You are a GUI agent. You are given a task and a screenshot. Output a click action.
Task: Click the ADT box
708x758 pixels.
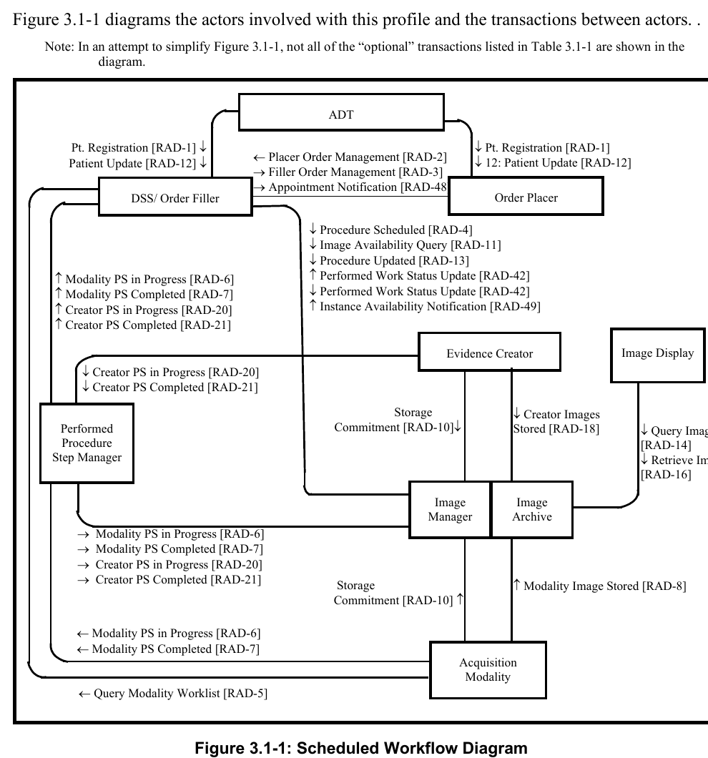(341, 114)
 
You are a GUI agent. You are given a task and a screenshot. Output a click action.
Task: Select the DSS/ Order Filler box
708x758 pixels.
(175, 198)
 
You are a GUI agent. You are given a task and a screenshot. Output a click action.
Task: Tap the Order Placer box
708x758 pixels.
(526, 198)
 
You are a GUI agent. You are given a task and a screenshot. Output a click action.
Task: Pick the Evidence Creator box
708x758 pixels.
(489, 353)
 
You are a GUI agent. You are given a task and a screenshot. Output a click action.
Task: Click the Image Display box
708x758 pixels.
(657, 353)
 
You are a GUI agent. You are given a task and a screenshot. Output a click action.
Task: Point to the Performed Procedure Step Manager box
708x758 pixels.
(87, 443)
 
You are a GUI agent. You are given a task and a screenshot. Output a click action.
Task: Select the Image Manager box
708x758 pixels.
(450, 510)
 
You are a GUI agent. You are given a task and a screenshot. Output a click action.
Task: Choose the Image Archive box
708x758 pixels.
(532, 510)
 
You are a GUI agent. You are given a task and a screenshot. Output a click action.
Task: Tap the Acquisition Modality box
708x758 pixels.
(488, 670)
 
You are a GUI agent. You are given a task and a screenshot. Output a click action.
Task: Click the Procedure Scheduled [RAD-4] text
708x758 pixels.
(390, 230)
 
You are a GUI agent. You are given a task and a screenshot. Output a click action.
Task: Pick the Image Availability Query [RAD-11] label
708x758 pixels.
(405, 245)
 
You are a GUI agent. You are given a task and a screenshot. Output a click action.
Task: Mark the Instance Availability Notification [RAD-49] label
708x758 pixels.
(425, 307)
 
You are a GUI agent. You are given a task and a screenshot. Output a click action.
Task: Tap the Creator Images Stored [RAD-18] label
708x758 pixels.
(556, 422)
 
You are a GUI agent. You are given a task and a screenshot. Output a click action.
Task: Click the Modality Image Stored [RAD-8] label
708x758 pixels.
(599, 586)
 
